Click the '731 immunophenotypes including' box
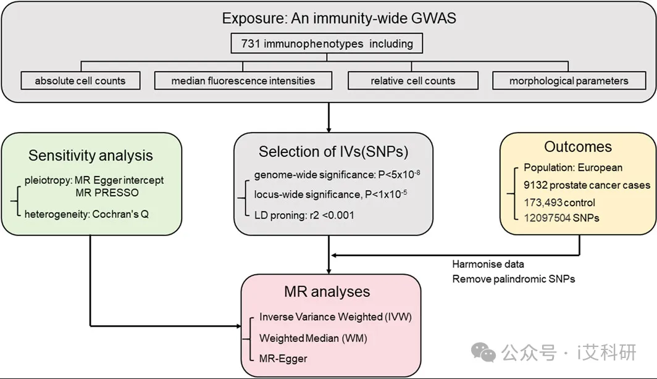click(327, 44)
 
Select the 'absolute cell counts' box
click(80, 81)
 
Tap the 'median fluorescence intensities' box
click(243, 81)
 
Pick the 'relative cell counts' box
click(413, 81)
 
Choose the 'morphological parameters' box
click(569, 81)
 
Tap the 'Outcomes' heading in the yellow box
click(578, 147)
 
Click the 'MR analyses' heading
click(327, 291)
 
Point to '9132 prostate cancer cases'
click(587, 185)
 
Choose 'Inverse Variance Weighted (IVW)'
click(335, 317)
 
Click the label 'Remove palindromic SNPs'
click(514, 279)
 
